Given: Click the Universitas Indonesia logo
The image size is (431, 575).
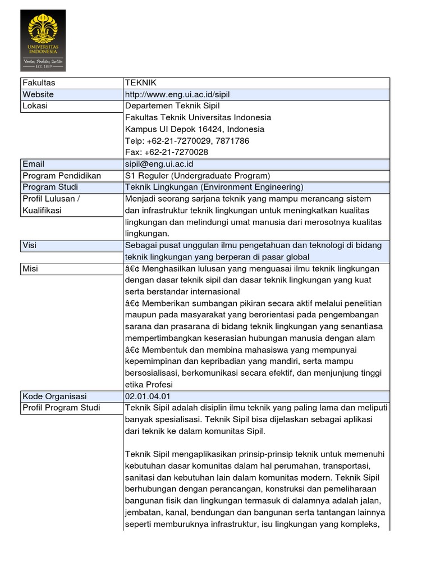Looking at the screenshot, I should [43, 40].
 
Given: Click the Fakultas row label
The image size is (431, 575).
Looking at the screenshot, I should [39, 83].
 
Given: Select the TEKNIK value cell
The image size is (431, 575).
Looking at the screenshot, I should [140, 83].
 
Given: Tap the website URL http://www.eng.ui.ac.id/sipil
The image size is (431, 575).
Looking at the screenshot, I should [177, 95].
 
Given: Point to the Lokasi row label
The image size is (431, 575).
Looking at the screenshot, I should [35, 106].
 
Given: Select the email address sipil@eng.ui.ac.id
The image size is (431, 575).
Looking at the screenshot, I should [159, 164].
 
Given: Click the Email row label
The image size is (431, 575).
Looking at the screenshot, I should [34, 164].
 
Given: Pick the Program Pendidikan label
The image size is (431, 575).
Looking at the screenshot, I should [62, 176].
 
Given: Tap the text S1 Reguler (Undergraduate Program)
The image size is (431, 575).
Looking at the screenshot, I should [198, 176].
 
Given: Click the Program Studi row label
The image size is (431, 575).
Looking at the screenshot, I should [51, 187].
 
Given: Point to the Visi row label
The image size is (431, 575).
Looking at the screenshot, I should [29, 245].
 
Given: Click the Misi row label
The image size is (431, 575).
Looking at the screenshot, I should [30, 268].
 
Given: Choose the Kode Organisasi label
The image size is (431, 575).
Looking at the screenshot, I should [54, 396].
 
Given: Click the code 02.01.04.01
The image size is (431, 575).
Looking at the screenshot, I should [148, 396].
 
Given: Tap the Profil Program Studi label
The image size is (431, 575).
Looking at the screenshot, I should [61, 408].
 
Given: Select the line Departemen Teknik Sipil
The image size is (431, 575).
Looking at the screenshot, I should [172, 106].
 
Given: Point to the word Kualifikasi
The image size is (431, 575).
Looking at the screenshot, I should [42, 211].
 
